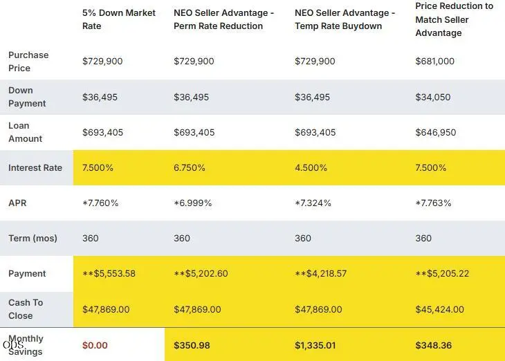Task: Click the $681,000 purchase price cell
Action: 435,61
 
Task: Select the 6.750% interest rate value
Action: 190,168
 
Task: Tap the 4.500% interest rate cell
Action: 311,168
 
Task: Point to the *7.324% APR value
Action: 313,203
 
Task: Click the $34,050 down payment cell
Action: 433,98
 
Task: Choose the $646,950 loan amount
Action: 435,132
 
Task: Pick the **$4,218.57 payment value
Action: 321,274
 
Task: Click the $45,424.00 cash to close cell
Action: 439,309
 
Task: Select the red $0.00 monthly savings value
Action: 95,346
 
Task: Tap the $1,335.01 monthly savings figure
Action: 315,346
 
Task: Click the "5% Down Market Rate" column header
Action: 119,19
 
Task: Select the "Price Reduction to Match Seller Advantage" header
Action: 454,19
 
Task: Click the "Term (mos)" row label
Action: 33,239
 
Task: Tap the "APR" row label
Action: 17,203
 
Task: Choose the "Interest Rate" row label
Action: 35,168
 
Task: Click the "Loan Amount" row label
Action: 25,132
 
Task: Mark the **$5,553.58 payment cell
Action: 109,274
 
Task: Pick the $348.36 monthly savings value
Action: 434,346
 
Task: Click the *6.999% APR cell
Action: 192,203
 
